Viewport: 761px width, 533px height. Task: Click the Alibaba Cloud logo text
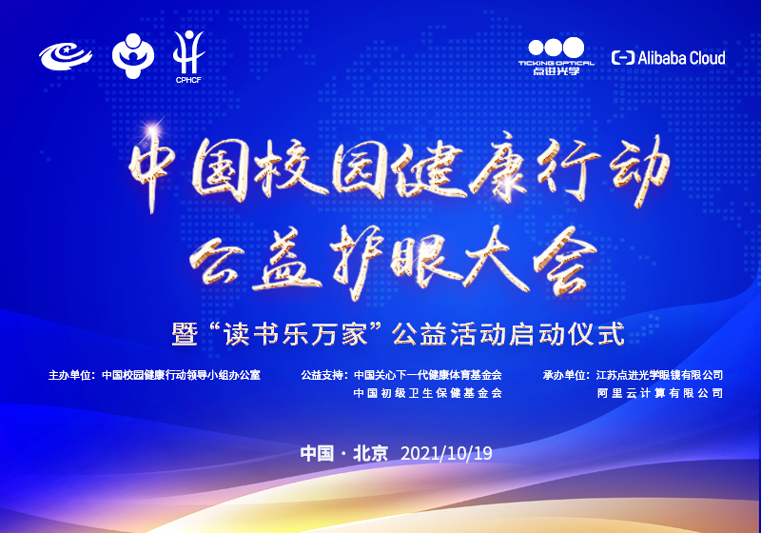click(x=669, y=58)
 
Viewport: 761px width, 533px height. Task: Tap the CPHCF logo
click(x=188, y=57)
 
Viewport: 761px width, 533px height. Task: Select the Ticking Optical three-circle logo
click(x=556, y=56)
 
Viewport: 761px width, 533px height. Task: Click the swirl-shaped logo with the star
click(x=66, y=56)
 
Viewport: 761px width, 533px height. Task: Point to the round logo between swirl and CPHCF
click(x=132, y=55)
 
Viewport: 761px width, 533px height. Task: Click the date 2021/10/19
click(x=446, y=453)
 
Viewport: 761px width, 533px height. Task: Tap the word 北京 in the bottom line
click(x=370, y=453)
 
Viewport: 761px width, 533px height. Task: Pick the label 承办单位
click(x=563, y=375)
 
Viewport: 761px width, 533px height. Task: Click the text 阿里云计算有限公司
click(x=660, y=393)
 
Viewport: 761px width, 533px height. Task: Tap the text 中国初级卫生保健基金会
click(x=427, y=393)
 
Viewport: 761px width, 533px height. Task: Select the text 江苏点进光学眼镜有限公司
click(x=659, y=375)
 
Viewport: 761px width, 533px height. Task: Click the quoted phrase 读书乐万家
click(x=296, y=334)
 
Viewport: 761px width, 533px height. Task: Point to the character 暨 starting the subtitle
click(x=185, y=334)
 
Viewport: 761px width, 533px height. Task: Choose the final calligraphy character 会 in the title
click(x=564, y=261)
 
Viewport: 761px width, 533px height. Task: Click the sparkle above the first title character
click(x=152, y=130)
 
